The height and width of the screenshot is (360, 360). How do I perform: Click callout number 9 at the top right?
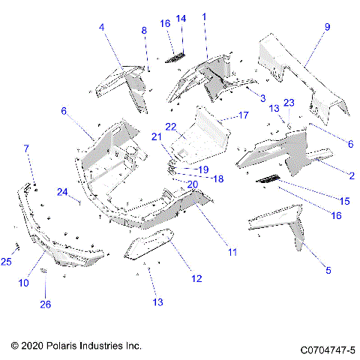click(x=327, y=27)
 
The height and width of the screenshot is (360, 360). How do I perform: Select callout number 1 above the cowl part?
click(x=205, y=16)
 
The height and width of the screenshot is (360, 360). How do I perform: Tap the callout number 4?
click(x=102, y=28)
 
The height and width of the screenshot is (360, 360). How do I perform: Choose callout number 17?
click(x=243, y=115)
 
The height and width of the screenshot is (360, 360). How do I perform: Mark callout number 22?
click(x=171, y=126)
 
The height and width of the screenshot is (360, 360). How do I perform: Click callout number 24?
click(x=62, y=191)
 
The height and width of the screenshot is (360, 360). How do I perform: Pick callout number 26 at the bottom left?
click(x=45, y=304)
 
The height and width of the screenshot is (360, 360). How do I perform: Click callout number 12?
click(x=196, y=279)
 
